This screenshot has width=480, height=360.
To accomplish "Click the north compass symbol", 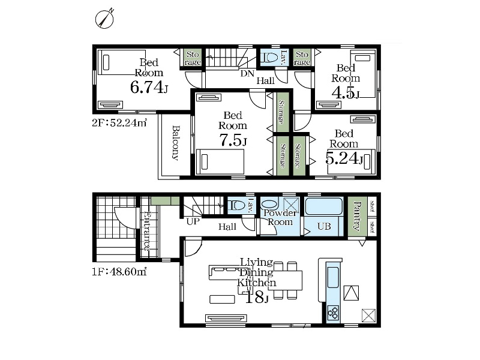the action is (x=104, y=19).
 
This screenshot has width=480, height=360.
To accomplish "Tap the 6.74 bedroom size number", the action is (x=146, y=88).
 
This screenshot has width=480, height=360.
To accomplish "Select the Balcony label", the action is (x=175, y=143).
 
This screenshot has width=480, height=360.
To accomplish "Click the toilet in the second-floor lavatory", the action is (x=268, y=57).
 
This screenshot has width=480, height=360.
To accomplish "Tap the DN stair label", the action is (x=247, y=73).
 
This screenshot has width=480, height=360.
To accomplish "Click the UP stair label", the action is (x=193, y=221).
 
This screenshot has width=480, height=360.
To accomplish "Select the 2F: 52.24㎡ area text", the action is (x=119, y=123).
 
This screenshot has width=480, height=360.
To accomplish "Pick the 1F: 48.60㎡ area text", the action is (x=119, y=272).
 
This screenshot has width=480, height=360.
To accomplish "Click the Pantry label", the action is (x=357, y=215).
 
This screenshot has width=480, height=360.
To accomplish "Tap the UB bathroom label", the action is (x=324, y=226).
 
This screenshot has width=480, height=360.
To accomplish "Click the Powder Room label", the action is (x=280, y=217).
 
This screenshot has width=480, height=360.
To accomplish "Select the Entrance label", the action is (x=146, y=231).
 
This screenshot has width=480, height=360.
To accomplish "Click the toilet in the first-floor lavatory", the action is (x=238, y=205).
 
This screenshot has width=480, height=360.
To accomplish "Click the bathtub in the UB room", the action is (x=323, y=206).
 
